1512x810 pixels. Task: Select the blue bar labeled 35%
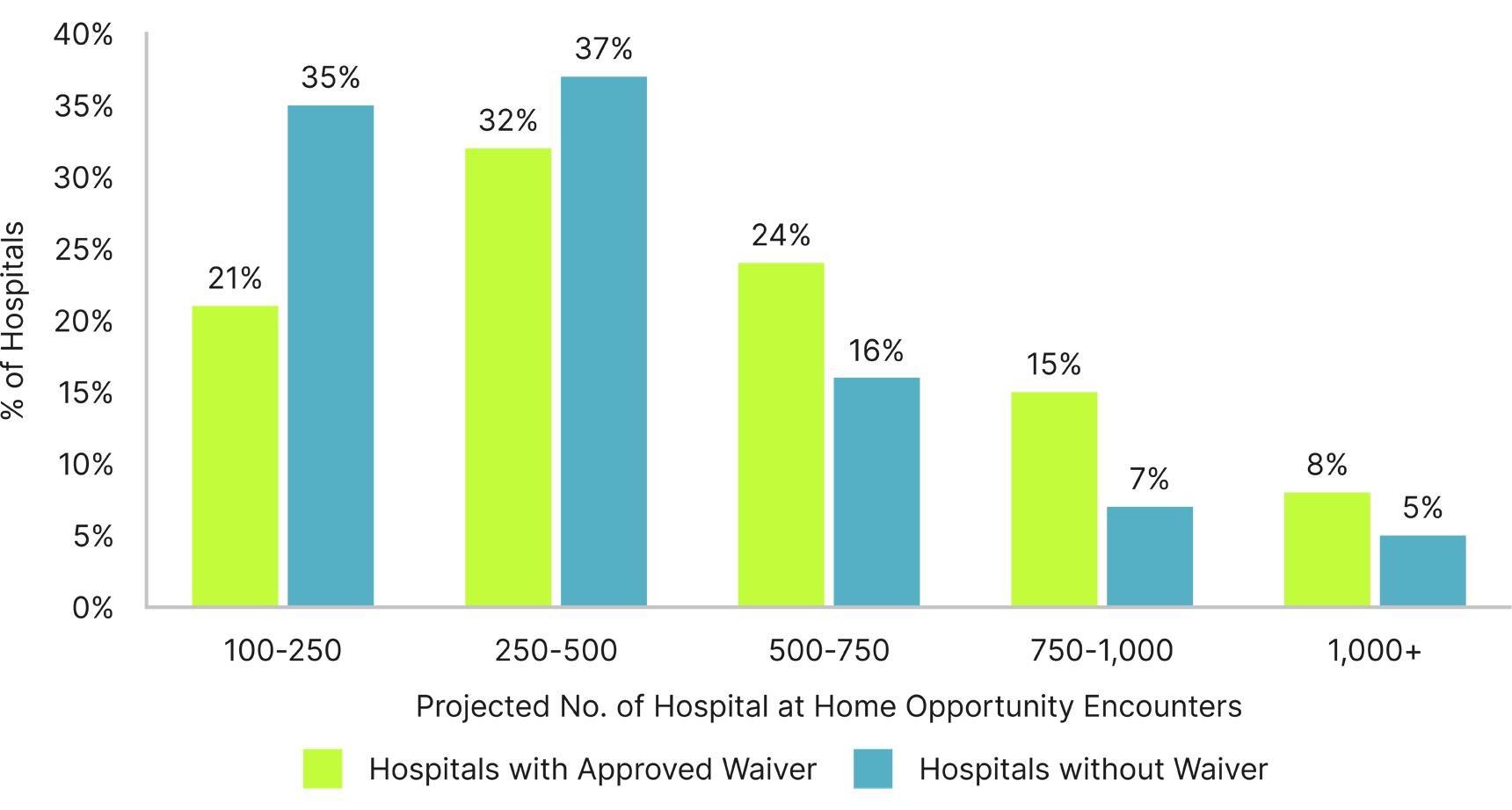331,355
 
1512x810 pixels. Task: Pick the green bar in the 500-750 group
781,434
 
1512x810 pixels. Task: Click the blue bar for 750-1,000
1149,556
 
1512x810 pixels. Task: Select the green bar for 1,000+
1327,549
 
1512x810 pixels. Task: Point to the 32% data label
507,120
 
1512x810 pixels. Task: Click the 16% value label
876,351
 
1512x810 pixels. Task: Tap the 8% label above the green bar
1327,465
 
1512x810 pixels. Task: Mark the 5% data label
1422,508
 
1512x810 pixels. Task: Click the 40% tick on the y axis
84,35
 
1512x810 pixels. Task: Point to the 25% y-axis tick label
84,250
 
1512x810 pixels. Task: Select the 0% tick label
92,608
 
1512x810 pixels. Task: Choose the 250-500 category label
556,651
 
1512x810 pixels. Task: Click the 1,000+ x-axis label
1374,651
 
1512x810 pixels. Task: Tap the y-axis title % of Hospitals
14,321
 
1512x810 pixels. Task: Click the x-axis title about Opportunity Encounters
828,706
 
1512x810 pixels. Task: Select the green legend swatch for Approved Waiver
323,769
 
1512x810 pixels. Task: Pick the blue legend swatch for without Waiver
872,769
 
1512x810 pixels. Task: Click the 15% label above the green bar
1053,365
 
